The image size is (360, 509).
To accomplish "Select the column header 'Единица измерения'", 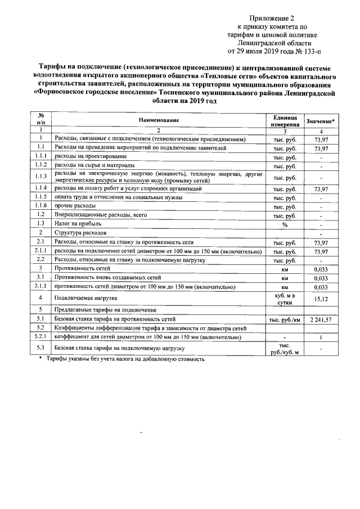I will coord(285,120).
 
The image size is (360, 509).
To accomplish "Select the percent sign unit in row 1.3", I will coord(285,224).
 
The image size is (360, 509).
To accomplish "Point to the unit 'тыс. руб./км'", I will coord(285,319).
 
